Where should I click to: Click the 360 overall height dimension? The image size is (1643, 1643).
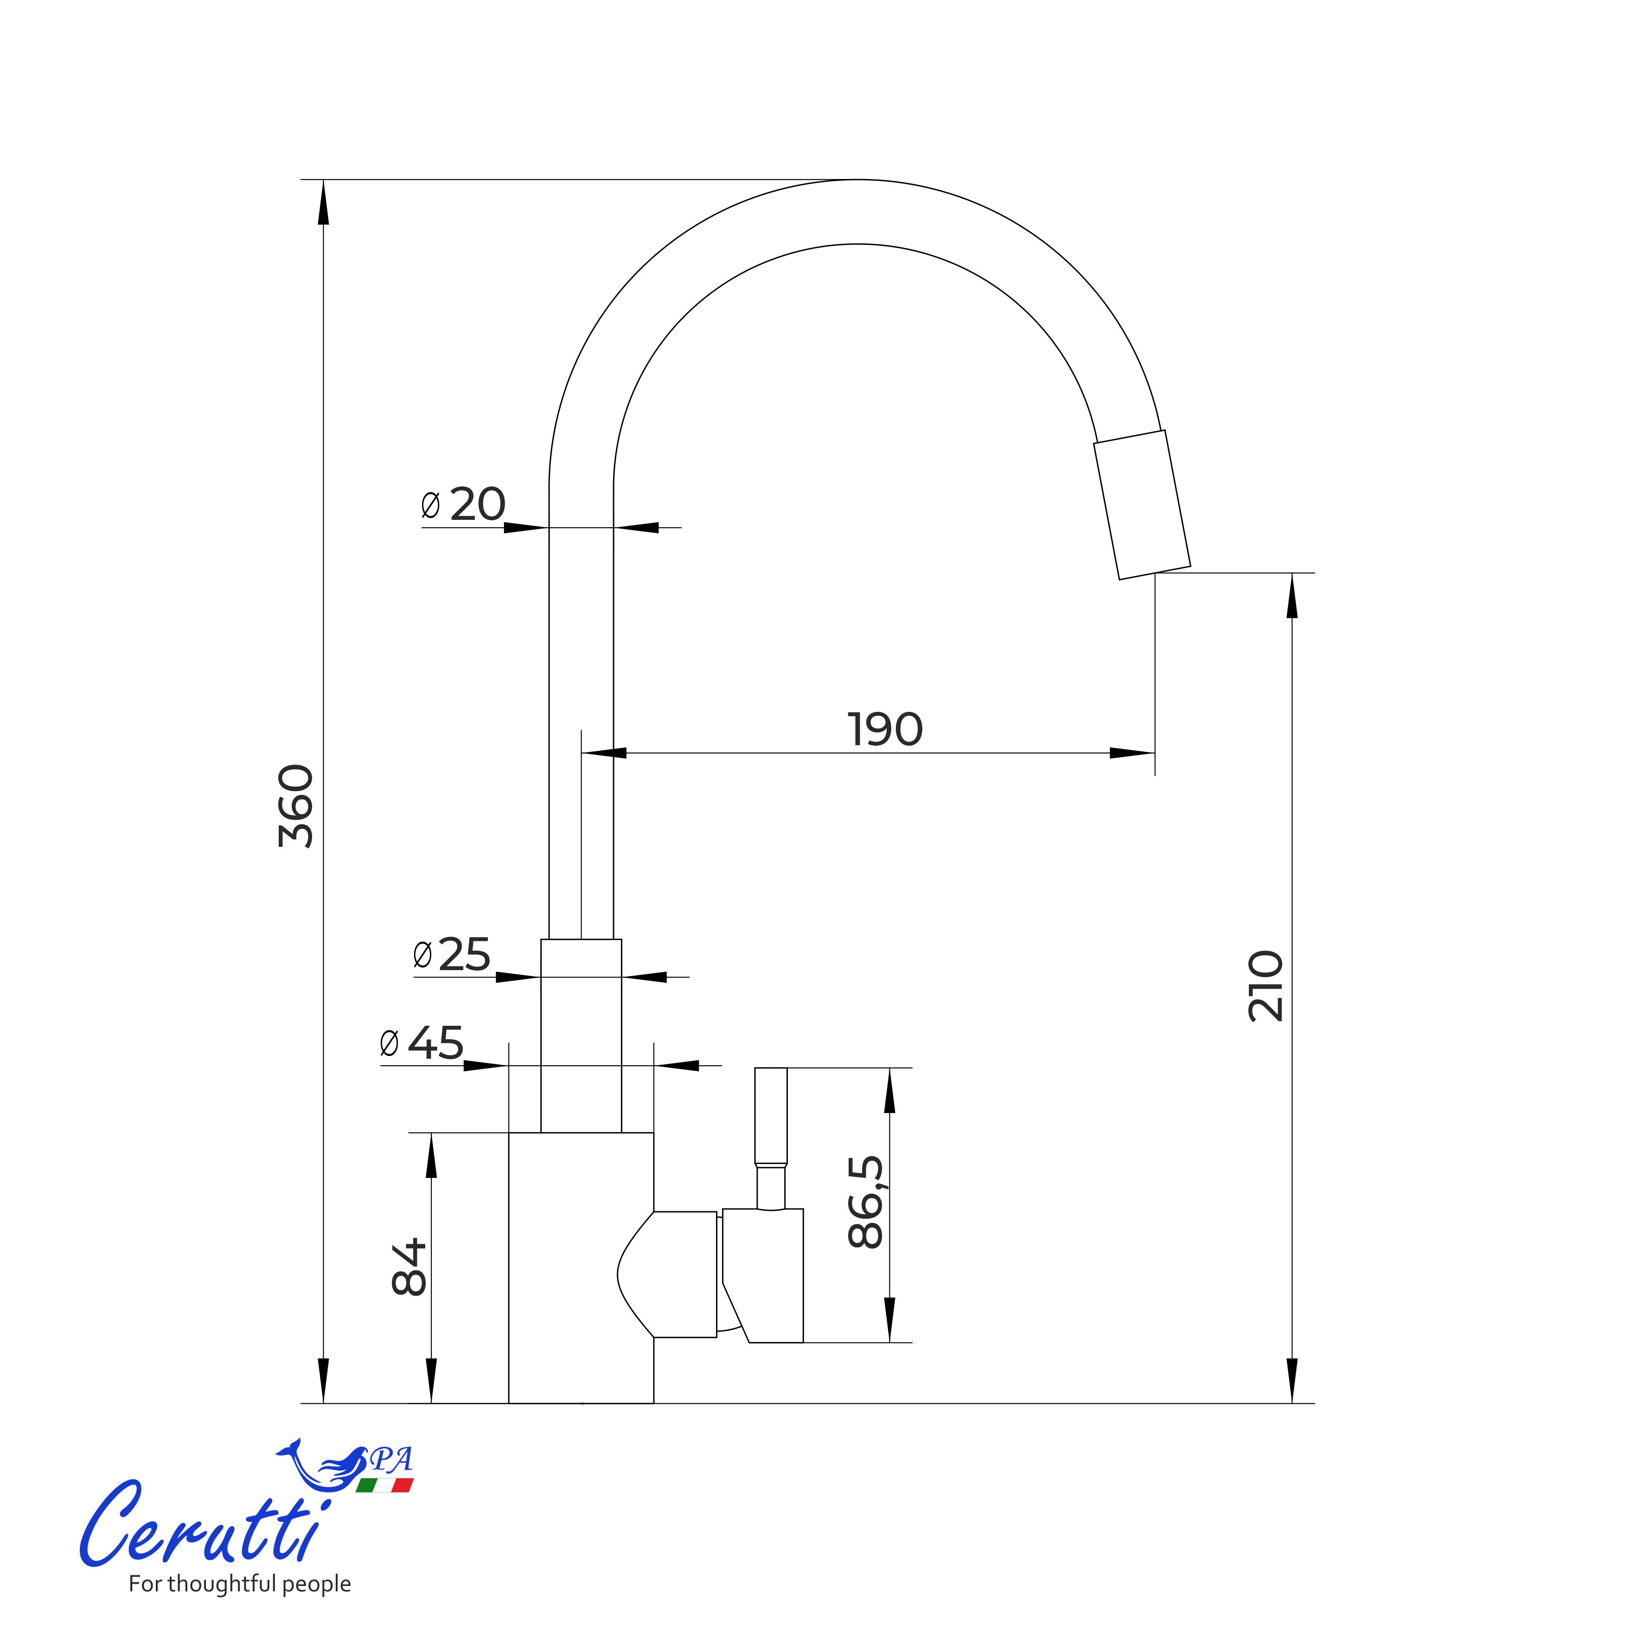coord(296,806)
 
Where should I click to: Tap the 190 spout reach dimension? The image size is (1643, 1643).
coord(885,729)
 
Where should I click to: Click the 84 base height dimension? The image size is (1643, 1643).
coord(409,1266)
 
